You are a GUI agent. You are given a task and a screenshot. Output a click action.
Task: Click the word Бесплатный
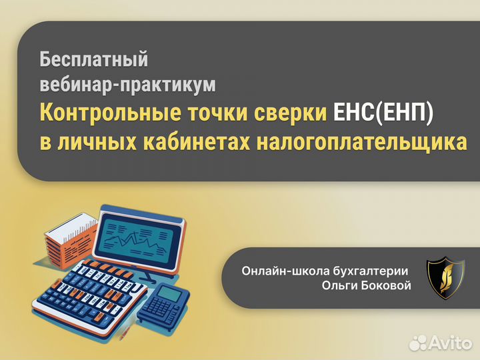(x=93, y=59)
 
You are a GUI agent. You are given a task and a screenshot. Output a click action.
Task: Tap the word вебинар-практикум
(x=128, y=85)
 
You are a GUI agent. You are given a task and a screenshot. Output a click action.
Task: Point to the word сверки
(x=291, y=113)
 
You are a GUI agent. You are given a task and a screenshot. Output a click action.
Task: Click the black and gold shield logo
(x=442, y=277)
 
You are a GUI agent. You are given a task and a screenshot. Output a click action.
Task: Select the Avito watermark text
(x=451, y=343)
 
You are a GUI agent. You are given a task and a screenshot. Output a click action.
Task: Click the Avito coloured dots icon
(x=419, y=342)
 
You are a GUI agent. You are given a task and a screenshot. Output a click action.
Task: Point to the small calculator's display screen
(x=171, y=293)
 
